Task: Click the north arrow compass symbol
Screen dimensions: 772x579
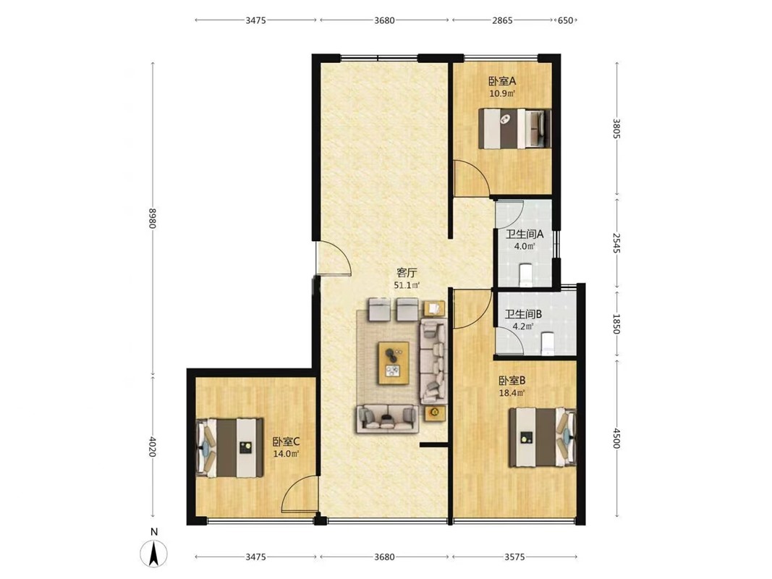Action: coord(153,553)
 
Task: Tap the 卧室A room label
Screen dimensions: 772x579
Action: coord(501,81)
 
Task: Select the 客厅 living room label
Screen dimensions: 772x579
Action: coord(407,273)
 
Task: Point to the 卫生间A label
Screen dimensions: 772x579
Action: coord(525,234)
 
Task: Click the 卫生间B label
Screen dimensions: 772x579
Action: coord(523,313)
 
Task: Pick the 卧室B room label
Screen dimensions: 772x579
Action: coord(512,381)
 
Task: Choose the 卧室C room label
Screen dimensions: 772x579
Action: coord(286,441)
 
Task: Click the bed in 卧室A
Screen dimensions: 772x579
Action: coord(514,128)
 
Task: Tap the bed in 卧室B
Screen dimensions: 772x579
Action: coord(543,437)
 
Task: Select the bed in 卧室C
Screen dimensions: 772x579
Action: coord(230,447)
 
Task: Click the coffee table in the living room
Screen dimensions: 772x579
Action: coord(394,363)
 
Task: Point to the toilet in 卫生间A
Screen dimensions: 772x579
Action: coord(525,275)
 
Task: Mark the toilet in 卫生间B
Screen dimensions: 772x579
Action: coord(548,343)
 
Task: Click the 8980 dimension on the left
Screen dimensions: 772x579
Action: coord(153,218)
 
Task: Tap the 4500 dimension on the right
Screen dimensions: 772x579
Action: coord(616,439)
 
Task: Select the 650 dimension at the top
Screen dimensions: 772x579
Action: coord(565,20)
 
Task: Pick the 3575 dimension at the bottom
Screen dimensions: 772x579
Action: coord(514,557)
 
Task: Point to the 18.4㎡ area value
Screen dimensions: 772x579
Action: coord(512,393)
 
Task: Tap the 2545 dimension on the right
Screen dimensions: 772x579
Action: coord(616,243)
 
